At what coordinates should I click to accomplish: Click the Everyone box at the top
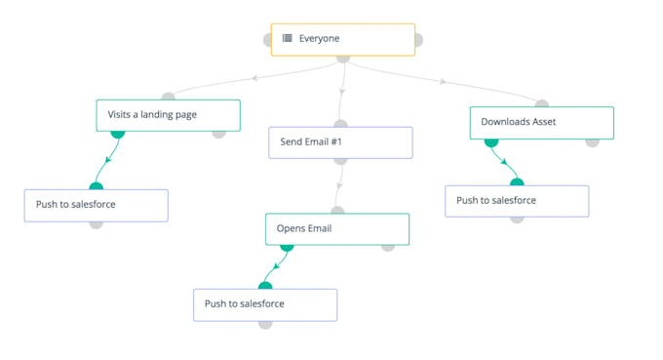pos(342,39)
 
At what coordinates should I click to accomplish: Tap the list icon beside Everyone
pos(288,39)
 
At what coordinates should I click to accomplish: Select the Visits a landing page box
pos(168,114)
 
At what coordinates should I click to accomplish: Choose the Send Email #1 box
pos(340,142)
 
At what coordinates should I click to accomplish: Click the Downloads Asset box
pos(541,122)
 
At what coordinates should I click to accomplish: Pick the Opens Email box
pos(336,229)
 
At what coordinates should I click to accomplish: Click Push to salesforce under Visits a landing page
pos(96,205)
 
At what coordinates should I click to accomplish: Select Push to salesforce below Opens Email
pos(264,304)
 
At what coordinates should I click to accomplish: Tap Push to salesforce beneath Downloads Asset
pos(517,201)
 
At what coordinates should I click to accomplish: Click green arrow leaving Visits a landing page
pos(107,159)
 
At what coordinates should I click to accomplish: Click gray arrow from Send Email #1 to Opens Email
pos(339,183)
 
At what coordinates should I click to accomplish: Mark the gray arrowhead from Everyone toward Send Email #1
pos(342,92)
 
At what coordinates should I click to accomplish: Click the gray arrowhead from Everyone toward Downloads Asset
pos(444,82)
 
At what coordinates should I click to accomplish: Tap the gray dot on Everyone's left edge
pos(268,40)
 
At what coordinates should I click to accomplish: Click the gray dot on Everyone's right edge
pos(417,40)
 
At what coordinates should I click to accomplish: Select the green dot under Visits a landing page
pos(118,133)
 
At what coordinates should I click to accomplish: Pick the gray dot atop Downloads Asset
pos(541,103)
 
